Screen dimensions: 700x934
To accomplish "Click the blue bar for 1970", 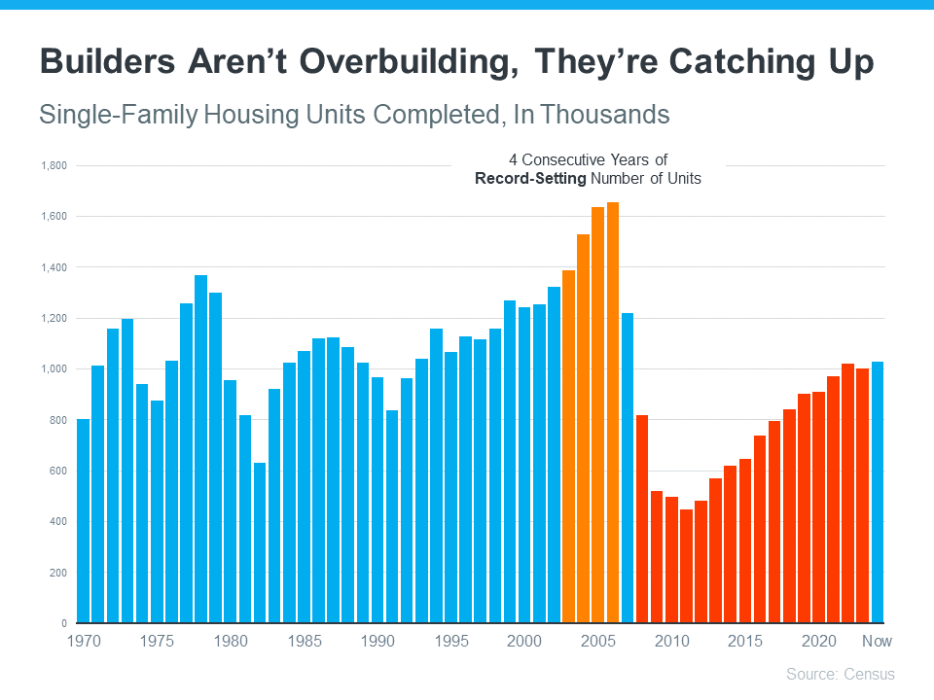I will coord(83,520).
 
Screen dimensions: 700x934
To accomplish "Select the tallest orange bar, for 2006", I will coord(613,412).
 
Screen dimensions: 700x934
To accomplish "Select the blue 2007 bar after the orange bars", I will coord(628,468).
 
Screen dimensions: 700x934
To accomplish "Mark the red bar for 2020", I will coord(818,507).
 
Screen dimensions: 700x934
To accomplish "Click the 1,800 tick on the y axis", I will coord(53,166).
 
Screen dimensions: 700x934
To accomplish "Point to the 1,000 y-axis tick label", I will coord(53,369).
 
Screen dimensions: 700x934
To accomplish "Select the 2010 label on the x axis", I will coord(671,642).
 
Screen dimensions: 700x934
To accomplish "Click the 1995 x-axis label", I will coord(450,642).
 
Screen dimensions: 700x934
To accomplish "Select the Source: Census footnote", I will coord(840,674).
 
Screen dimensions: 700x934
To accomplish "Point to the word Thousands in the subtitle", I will coord(606,115).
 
